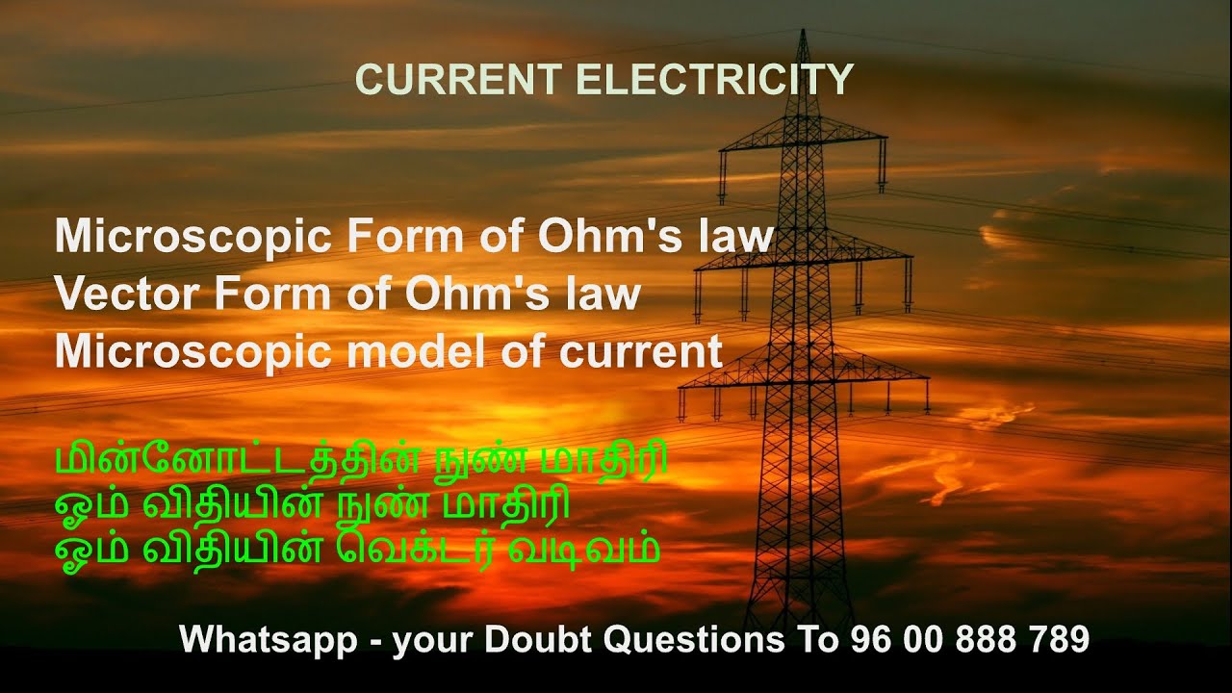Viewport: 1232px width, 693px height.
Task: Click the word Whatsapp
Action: click(268, 638)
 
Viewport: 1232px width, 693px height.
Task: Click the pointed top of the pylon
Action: click(801, 35)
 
